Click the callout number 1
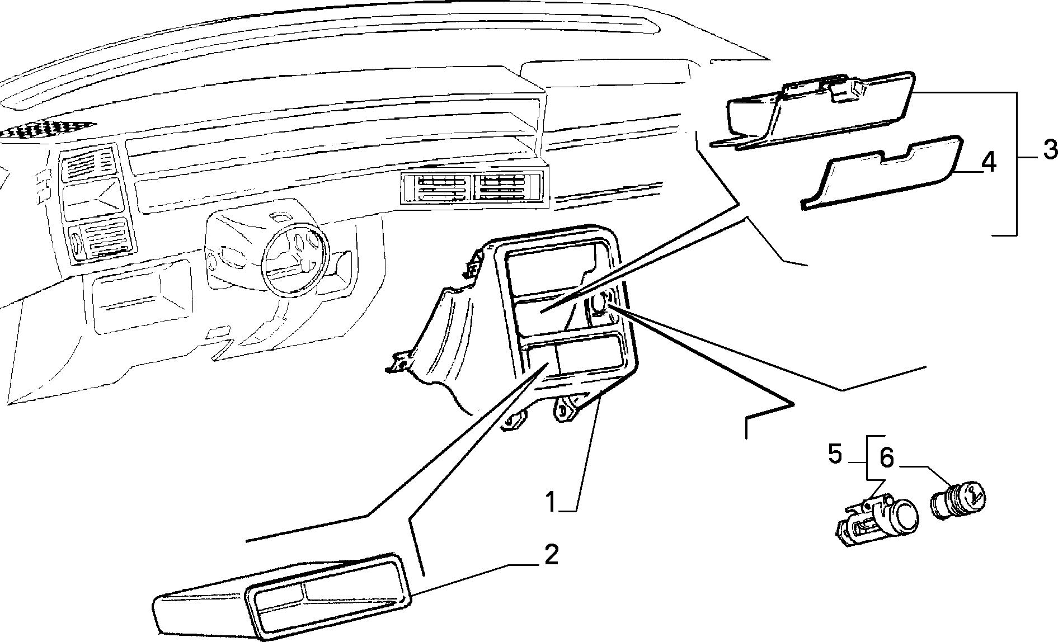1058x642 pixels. click(552, 502)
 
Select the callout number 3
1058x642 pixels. click(1048, 150)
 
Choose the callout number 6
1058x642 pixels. click(887, 459)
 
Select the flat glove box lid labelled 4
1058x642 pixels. click(882, 172)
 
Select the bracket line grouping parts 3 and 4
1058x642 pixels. click(1015, 163)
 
